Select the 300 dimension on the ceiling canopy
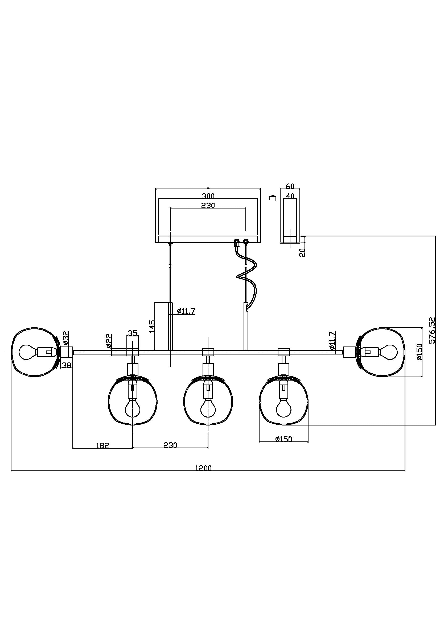coord(208,196)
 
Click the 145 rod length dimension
coord(152,326)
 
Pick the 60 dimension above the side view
coord(290,186)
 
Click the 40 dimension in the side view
coord(290,196)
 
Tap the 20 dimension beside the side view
coord(303,252)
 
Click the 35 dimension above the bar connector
coord(133,333)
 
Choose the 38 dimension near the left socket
coord(67,365)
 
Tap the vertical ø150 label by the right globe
coord(420,352)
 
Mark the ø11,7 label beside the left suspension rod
coord(186,311)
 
